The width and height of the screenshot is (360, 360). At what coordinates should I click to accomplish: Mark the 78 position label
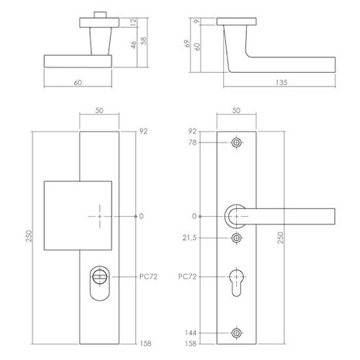point(194,144)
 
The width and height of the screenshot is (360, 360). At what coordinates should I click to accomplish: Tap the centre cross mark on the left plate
point(100,216)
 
